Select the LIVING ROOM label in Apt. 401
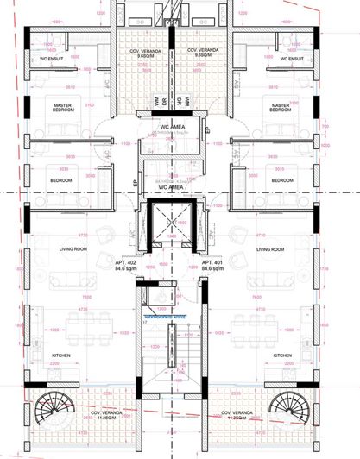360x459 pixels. coord(270,249)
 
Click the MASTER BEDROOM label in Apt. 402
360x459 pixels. coord(61,107)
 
